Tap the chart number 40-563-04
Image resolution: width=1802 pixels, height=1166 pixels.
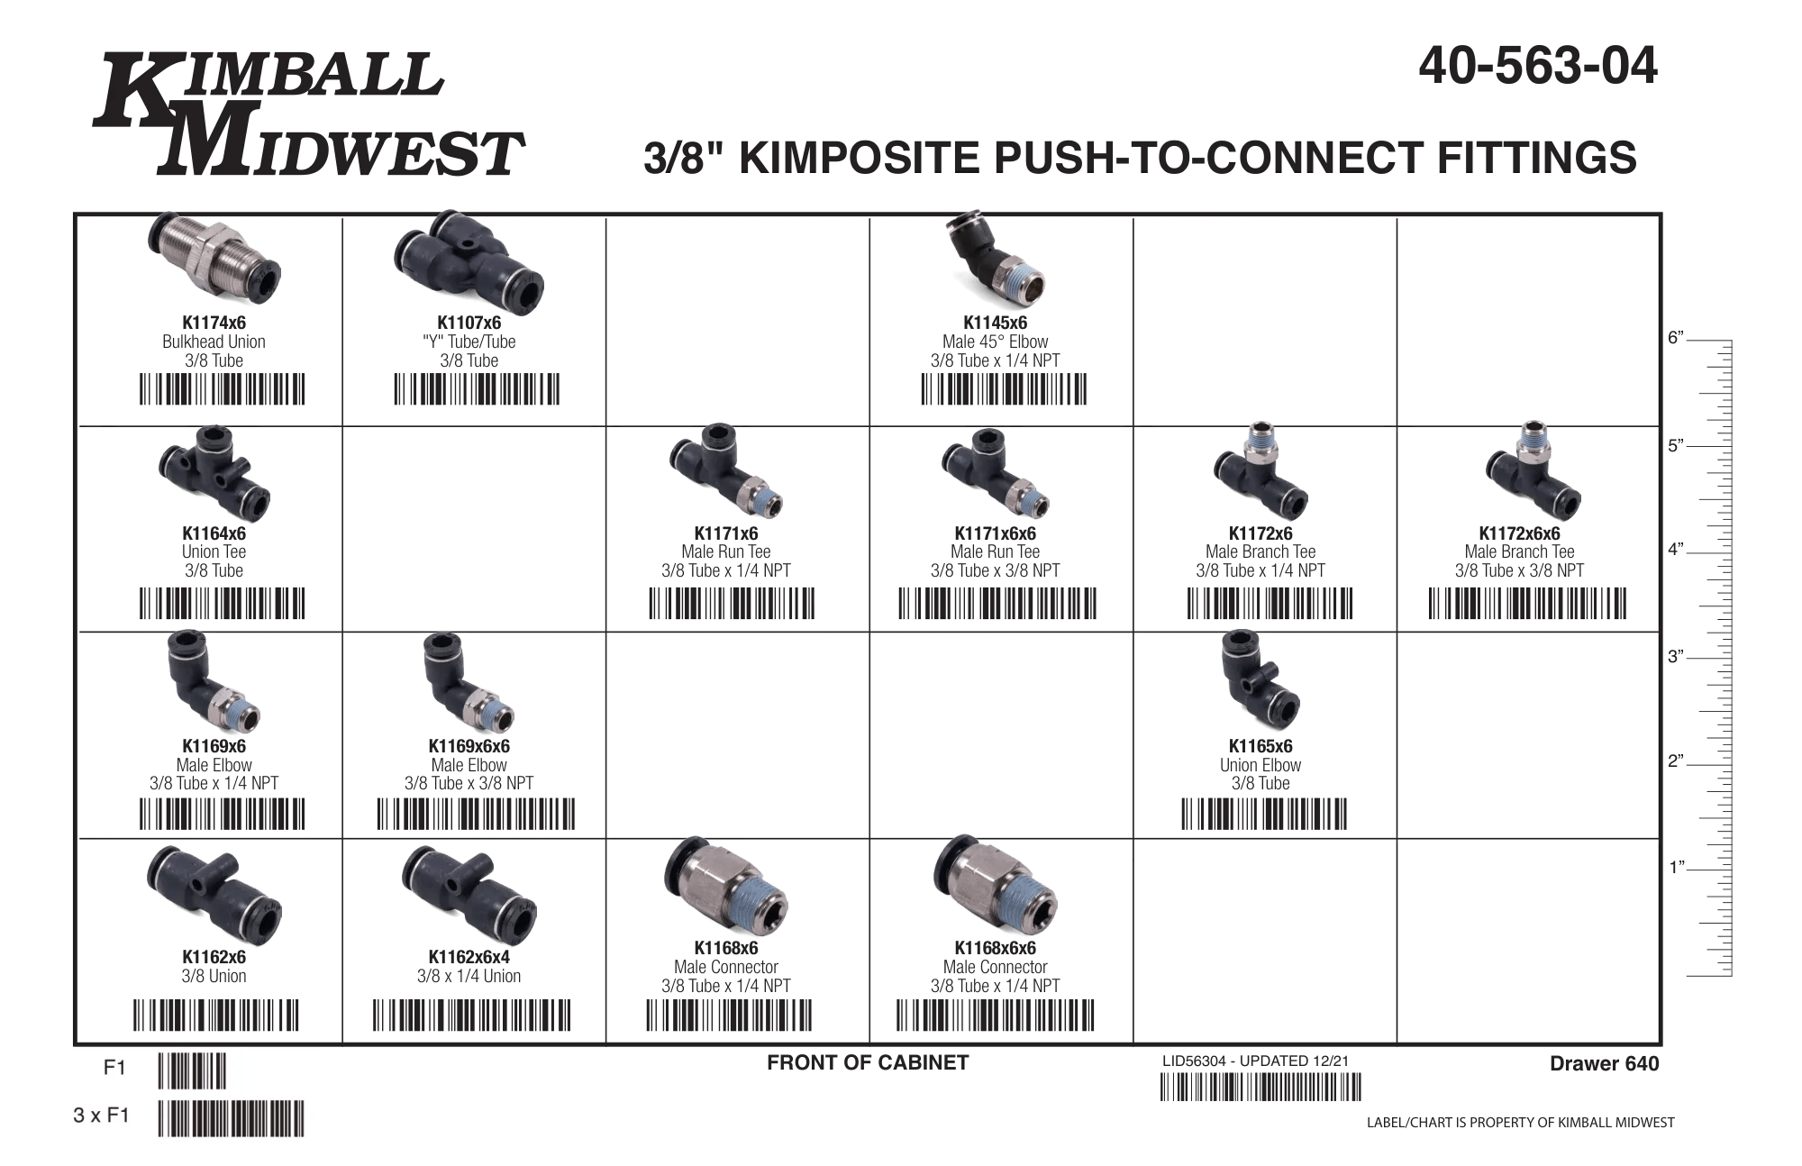1538,66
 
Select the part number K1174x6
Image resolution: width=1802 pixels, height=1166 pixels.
214,323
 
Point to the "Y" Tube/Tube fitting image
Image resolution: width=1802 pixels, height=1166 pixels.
469,259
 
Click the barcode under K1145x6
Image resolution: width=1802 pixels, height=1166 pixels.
1004,389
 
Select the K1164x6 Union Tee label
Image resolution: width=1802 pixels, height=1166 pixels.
214,551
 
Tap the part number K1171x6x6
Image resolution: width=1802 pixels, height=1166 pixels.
995,533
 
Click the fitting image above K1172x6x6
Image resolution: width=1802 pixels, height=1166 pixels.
1533,469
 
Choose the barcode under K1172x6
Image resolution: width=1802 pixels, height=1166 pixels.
1270,603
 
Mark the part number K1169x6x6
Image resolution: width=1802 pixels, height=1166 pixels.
469,746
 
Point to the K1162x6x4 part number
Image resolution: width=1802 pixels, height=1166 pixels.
469,957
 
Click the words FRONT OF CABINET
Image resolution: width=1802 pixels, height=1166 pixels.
868,1063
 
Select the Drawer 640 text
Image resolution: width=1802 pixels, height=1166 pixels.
1604,1064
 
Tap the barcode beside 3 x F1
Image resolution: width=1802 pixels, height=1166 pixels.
231,1118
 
